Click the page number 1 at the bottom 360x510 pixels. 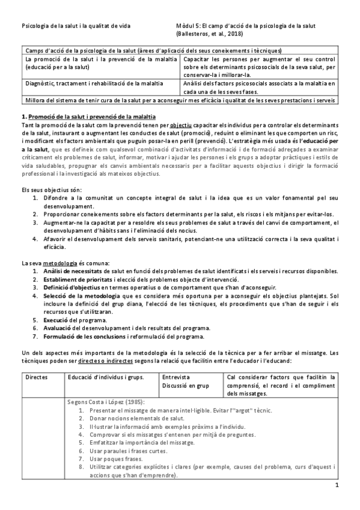click(x=337, y=485)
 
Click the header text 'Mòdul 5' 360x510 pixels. click(x=182, y=26)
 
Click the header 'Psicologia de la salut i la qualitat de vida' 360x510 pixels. click(x=77, y=26)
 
